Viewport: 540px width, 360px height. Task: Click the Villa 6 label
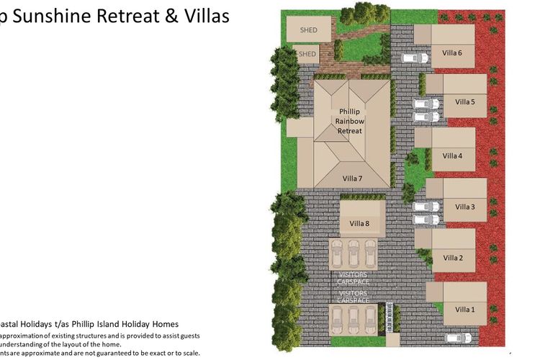tap(451, 52)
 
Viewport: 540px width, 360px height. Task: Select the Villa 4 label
tap(452, 156)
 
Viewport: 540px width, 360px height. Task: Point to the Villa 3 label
tap(464, 207)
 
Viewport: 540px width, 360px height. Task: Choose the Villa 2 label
tap(452, 258)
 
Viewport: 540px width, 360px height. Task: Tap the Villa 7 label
tap(352, 178)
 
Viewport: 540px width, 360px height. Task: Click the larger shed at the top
tap(309, 29)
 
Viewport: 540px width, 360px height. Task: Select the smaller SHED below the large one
tap(307, 54)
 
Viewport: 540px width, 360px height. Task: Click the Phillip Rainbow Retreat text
tap(351, 121)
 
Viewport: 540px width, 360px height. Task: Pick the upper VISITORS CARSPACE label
tap(352, 278)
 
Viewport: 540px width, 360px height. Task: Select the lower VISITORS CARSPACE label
tap(352, 297)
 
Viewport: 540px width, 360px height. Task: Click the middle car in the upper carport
tap(352, 254)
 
